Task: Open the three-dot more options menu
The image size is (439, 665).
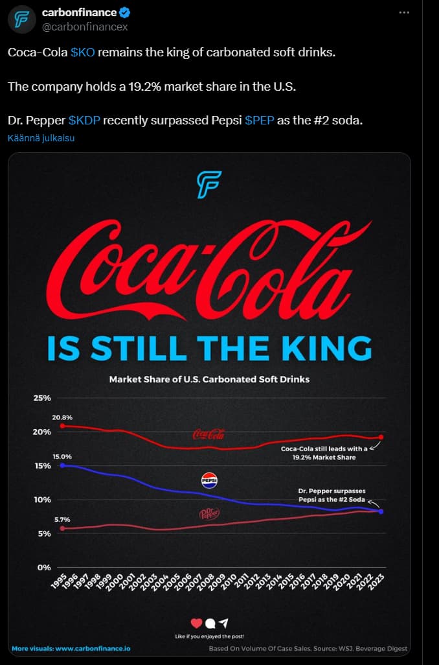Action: [404, 12]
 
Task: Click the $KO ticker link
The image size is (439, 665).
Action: [82, 52]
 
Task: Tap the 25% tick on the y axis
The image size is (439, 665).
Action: [42, 398]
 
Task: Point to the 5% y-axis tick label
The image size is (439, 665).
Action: [44, 533]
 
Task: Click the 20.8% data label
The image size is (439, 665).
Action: [62, 417]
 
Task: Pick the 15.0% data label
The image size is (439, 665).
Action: [62, 457]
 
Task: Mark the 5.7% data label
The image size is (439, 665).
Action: [62, 520]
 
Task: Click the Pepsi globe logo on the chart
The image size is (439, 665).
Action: [209, 480]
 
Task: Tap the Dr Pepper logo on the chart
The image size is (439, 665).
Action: [208, 514]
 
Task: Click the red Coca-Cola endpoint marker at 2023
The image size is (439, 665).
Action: [381, 437]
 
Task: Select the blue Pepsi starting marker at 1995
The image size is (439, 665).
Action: [62, 465]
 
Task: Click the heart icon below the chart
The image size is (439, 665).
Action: [197, 623]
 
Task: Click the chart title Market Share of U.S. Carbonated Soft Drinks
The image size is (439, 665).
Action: [209, 379]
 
